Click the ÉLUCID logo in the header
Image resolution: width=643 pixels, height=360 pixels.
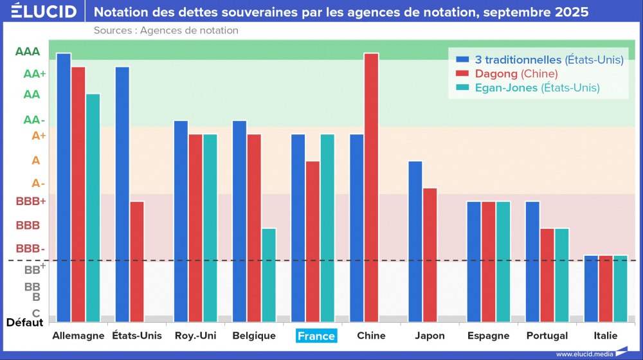tap(44, 12)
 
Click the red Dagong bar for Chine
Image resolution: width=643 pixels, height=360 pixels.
tap(371, 186)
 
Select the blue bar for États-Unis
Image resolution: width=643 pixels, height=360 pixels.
tap(122, 193)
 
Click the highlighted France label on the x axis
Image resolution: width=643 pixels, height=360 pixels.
tap(316, 336)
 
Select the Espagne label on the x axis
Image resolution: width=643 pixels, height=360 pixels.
tap(488, 336)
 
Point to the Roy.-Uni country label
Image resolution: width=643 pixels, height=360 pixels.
tap(195, 336)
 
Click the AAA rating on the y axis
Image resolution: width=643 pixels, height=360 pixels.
tap(28, 51)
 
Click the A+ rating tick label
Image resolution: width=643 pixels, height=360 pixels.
tap(39, 136)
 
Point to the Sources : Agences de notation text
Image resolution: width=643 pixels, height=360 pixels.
tap(166, 30)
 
